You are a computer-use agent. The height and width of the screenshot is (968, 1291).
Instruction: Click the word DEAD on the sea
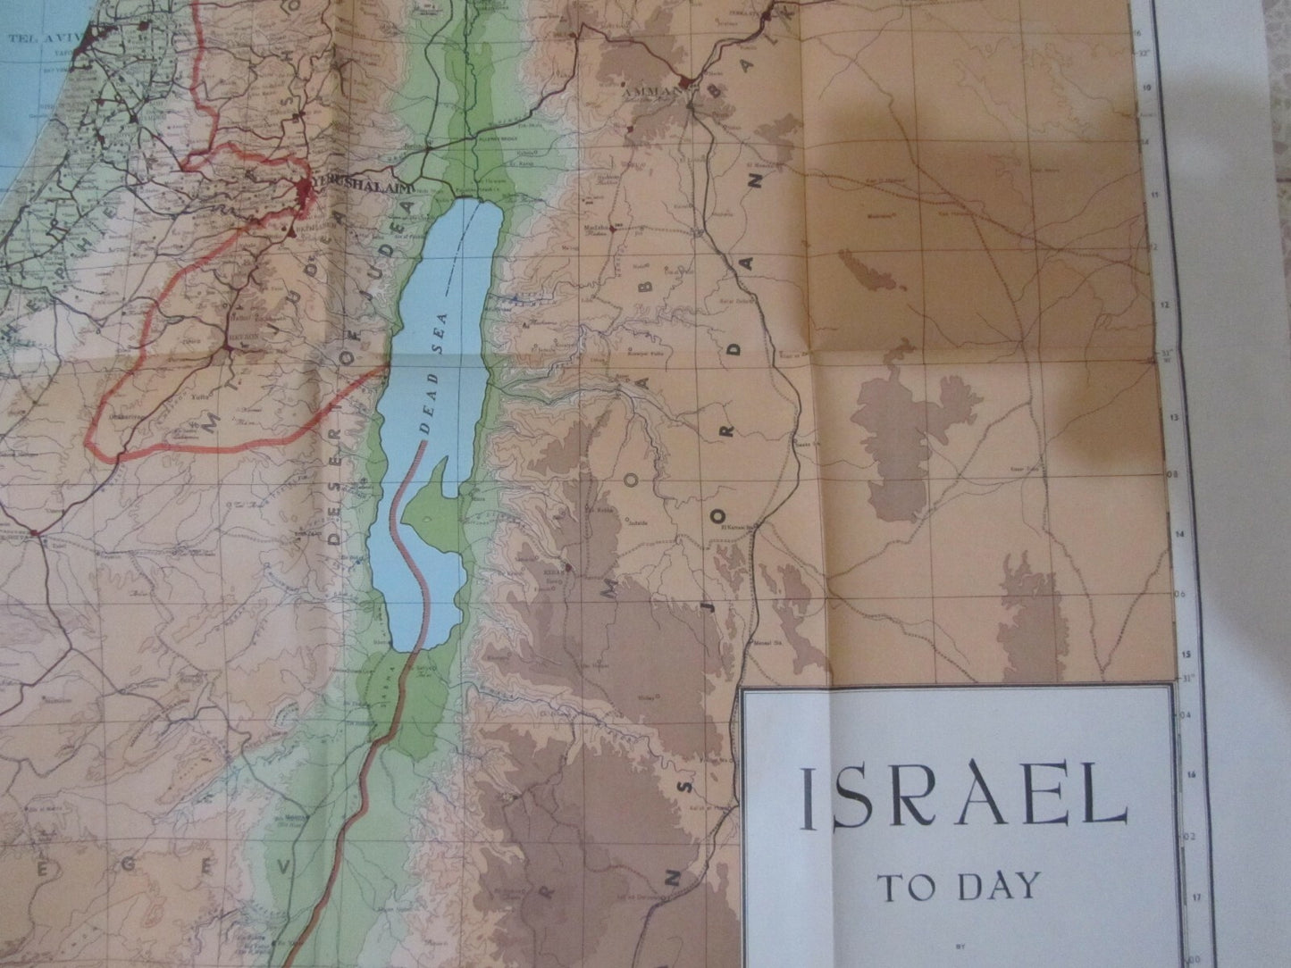pos(433,415)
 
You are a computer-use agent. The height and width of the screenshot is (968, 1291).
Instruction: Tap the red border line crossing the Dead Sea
pos(413,536)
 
